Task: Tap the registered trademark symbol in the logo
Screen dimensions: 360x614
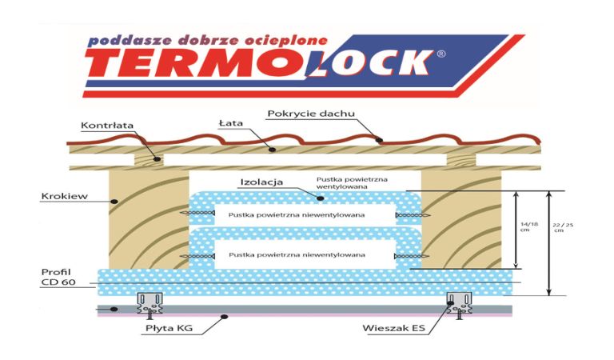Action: [441, 54]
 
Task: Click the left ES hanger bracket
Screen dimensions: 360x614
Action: [150, 303]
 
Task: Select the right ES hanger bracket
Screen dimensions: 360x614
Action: [459, 303]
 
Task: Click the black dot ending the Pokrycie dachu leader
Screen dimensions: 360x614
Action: [378, 141]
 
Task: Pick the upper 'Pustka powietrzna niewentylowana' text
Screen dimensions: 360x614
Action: [297, 214]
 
